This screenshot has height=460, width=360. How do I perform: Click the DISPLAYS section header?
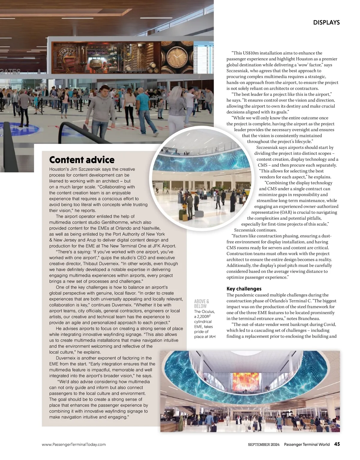coord(326,23)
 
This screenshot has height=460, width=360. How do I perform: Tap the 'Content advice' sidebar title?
coord(82,160)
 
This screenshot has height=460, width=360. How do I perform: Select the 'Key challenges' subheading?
coord(244,289)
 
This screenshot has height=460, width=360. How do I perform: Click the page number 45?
coord(337,444)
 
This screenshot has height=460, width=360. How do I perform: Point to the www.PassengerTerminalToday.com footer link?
coord(73,445)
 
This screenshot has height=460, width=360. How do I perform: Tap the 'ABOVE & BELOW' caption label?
coord(202,304)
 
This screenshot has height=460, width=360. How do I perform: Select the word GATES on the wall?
coord(10,72)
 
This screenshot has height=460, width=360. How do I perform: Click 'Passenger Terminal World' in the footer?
coord(307,445)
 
